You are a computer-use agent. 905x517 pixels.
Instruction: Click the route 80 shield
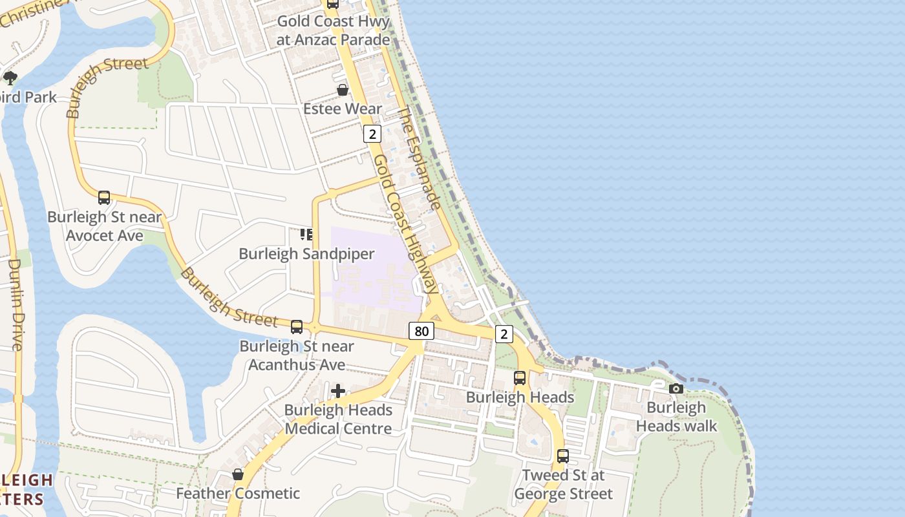[421, 332]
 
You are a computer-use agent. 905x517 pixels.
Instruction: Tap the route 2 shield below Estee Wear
[372, 134]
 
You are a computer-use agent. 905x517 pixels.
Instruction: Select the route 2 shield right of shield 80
[504, 333]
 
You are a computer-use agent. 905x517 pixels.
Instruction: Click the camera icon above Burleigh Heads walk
[676, 388]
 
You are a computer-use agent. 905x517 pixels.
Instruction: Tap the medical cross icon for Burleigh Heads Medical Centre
[337, 391]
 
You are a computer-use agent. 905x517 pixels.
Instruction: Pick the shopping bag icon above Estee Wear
[343, 90]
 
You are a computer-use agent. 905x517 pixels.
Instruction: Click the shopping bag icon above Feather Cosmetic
[238, 474]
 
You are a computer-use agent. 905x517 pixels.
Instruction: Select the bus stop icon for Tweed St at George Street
[563, 456]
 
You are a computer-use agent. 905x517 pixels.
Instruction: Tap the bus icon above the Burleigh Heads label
[520, 378]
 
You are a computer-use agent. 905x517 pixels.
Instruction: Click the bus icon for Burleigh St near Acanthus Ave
[297, 327]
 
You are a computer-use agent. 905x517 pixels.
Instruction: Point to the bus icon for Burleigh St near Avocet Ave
[104, 198]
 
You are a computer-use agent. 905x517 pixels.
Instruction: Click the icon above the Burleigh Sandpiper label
[306, 234]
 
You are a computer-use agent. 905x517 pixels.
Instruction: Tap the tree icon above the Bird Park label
[10, 78]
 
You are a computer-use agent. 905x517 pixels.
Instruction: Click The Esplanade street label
[419, 159]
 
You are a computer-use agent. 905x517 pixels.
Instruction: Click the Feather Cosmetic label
[238, 494]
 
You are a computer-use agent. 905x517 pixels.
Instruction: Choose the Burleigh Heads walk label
[676, 417]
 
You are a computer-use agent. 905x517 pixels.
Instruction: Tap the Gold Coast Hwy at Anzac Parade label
[333, 30]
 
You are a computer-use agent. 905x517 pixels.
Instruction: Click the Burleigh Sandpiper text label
[306, 254]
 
